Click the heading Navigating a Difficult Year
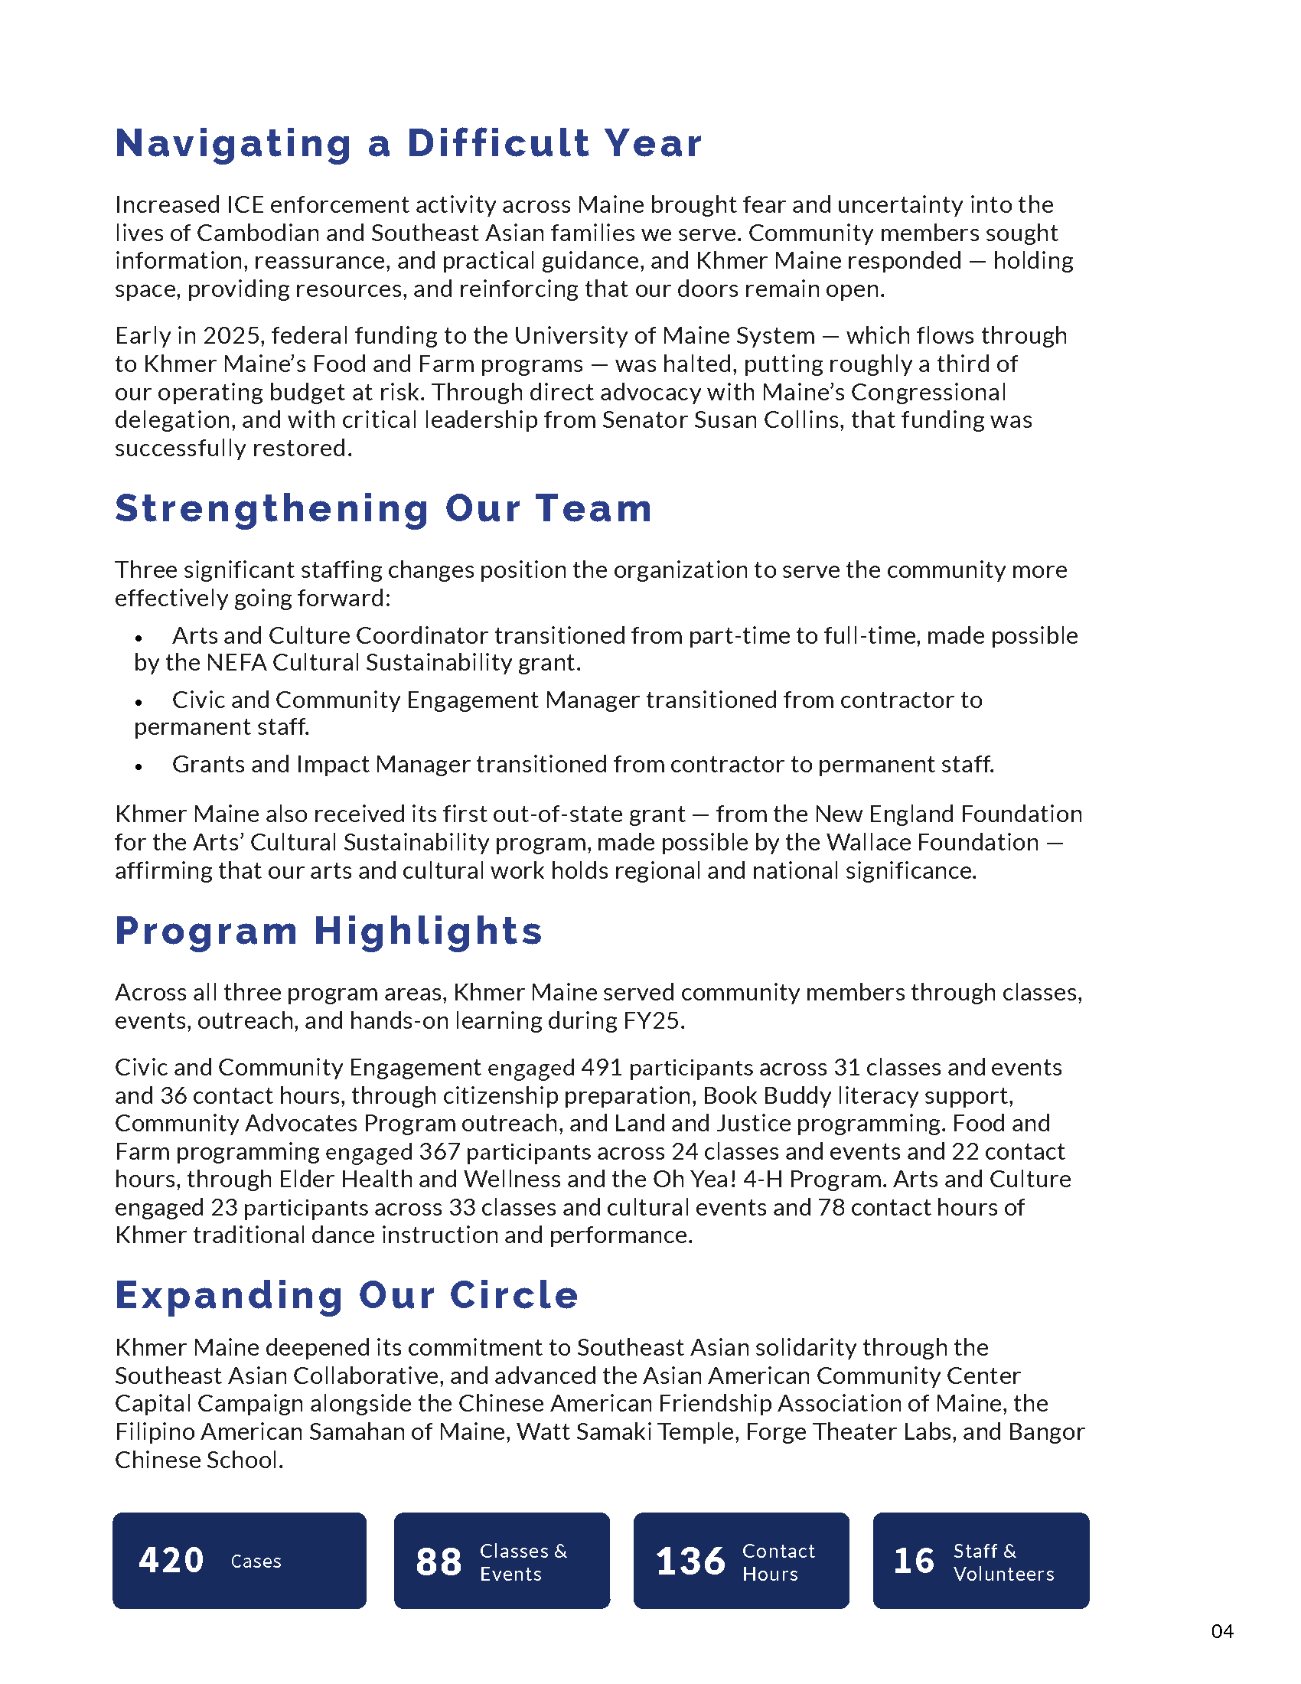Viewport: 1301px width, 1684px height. click(x=409, y=143)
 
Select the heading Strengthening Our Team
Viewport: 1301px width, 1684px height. click(x=383, y=508)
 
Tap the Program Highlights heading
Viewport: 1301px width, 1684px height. click(x=328, y=931)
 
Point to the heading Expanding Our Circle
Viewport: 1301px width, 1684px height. click(x=346, y=1294)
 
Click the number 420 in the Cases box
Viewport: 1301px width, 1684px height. click(x=171, y=1561)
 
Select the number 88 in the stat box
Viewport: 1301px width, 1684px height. click(x=439, y=1562)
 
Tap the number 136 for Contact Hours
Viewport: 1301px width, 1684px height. click(x=690, y=1562)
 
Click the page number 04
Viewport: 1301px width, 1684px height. click(x=1222, y=1632)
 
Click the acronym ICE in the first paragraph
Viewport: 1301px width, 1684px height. click(x=245, y=205)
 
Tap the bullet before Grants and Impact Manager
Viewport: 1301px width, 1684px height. click(x=139, y=766)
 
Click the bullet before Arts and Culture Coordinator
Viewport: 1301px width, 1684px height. click(x=139, y=638)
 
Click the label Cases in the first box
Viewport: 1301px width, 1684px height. click(x=256, y=1562)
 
